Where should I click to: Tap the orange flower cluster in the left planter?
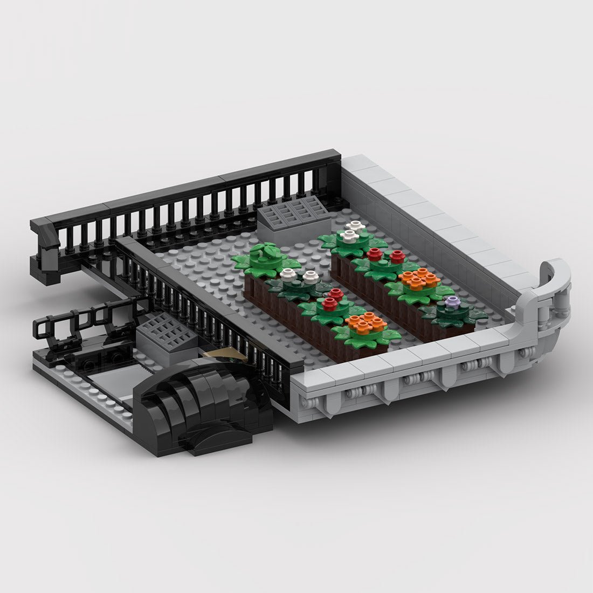click(x=360, y=325)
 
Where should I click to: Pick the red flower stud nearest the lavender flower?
click(x=398, y=257)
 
